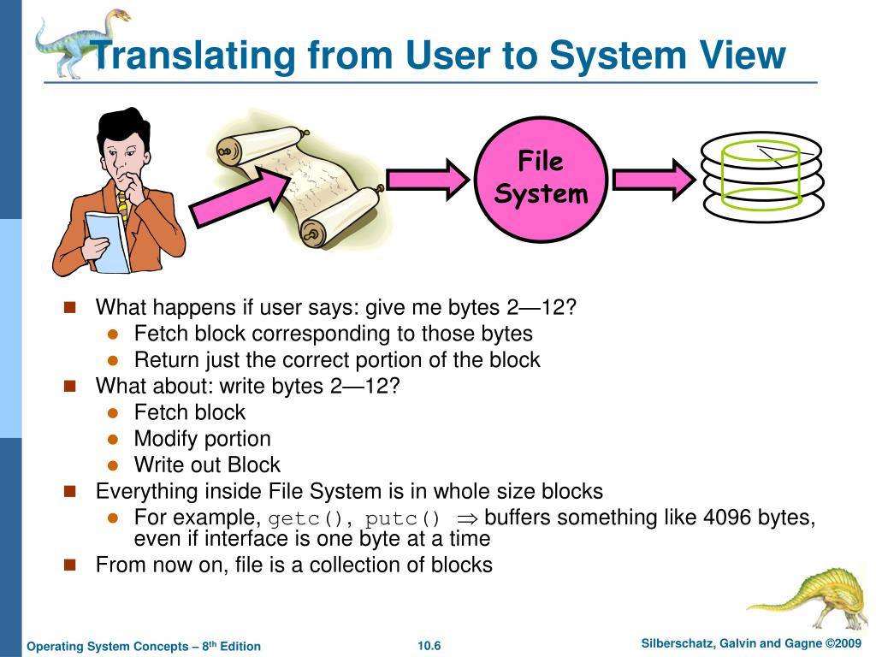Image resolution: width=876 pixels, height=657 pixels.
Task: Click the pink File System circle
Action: tap(541, 178)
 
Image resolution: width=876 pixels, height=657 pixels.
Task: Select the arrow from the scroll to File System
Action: tap(428, 178)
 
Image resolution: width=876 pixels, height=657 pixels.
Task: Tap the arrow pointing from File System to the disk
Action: tap(654, 179)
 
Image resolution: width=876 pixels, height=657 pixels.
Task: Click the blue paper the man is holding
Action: tap(107, 240)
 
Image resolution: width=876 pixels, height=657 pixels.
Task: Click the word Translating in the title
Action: tap(196, 56)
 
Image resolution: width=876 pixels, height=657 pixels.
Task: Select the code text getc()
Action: tap(310, 518)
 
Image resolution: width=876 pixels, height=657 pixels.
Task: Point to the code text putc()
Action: tap(403, 518)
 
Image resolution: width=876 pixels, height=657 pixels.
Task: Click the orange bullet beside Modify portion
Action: tap(112, 439)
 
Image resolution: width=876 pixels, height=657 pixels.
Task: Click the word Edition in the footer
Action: tap(240, 646)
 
